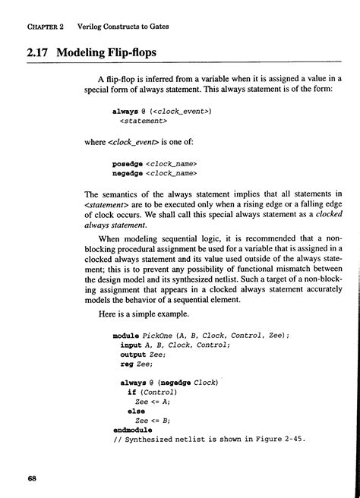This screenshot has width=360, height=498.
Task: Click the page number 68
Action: (31, 479)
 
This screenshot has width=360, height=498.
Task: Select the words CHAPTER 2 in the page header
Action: (48, 27)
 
